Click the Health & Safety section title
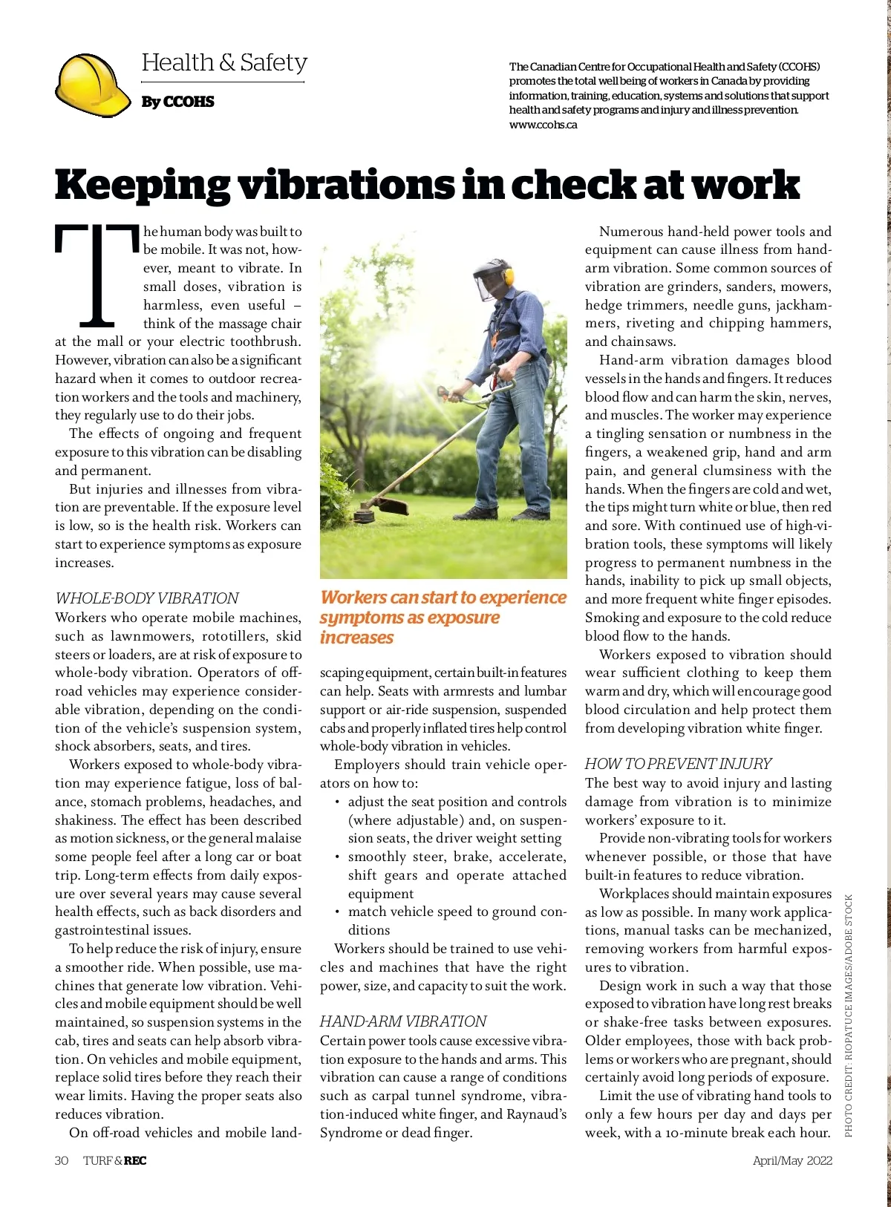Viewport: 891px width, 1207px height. tap(224, 62)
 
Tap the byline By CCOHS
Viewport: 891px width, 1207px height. tap(177, 102)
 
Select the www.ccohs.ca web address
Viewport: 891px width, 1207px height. tap(543, 125)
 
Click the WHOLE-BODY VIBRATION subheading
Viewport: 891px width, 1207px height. tap(147, 598)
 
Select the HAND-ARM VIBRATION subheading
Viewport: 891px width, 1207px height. tap(403, 1021)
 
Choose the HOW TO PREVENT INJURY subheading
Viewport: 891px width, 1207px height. tap(678, 764)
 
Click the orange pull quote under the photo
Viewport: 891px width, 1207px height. tap(443, 618)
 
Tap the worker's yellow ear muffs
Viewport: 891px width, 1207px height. tap(509, 277)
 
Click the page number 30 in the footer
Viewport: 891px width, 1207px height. tap(62, 1161)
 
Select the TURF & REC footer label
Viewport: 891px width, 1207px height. tap(114, 1161)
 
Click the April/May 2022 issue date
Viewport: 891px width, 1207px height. tap(792, 1161)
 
